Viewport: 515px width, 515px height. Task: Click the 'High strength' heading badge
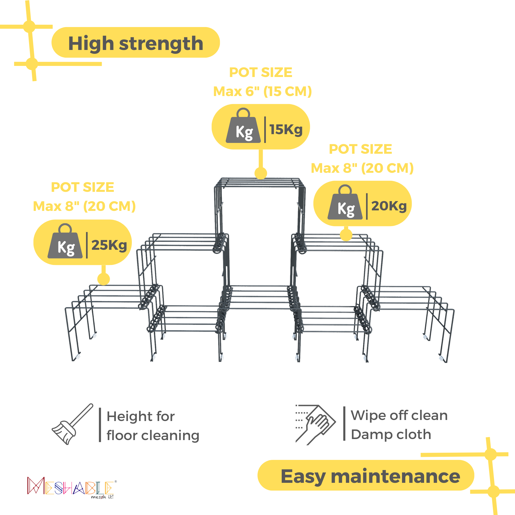(135, 42)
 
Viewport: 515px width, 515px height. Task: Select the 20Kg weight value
(389, 206)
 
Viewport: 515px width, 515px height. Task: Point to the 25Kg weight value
(109, 245)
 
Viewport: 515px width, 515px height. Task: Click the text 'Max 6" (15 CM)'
(262, 91)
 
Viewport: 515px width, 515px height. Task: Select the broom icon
(72, 424)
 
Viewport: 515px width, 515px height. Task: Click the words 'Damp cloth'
(391, 434)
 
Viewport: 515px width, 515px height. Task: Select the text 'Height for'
(141, 416)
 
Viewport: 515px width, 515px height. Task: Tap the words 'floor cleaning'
(153, 436)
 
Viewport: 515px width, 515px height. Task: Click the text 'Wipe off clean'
(399, 415)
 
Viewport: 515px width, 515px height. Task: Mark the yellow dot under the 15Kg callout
(261, 173)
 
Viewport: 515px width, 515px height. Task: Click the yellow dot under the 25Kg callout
(104, 279)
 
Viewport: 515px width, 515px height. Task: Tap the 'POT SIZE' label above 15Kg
(261, 73)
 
